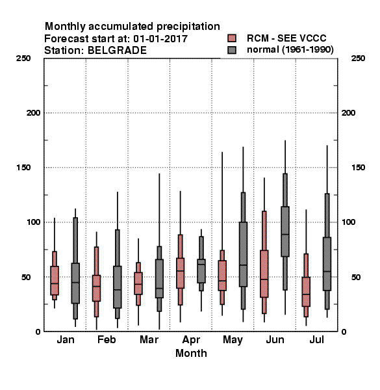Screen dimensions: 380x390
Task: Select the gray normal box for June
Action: pyautogui.click(x=285, y=231)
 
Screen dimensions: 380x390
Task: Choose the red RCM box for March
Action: pyautogui.click(x=138, y=283)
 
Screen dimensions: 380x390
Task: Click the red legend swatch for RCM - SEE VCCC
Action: pyautogui.click(x=232, y=38)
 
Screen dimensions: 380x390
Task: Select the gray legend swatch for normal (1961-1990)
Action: pyautogui.click(x=232, y=50)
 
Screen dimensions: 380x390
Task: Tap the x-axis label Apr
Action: pyautogui.click(x=191, y=340)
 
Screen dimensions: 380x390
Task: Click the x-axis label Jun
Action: pyautogui.click(x=275, y=339)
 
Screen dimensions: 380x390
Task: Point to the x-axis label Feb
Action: pyautogui.click(x=107, y=339)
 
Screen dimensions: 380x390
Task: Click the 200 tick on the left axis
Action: pyautogui.click(x=33, y=113)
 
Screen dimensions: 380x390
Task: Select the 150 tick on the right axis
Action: pyautogui.click(x=358, y=168)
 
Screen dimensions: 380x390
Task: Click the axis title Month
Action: pyautogui.click(x=191, y=353)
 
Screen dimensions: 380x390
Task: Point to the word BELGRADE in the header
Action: pyautogui.click(x=117, y=51)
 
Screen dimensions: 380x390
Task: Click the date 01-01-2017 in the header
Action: pyautogui.click(x=160, y=39)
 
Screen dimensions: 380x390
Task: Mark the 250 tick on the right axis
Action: pyautogui.click(x=358, y=58)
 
